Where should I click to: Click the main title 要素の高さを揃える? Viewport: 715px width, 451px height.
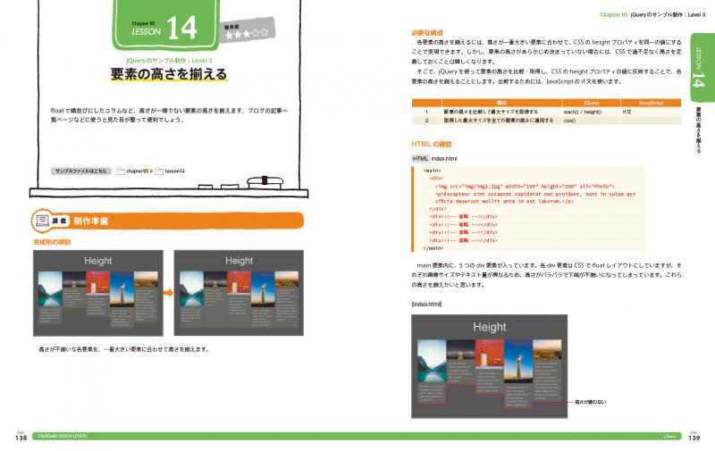click(170, 74)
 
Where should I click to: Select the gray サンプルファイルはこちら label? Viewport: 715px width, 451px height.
click(84, 168)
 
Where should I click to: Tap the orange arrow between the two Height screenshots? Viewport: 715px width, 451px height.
click(165, 292)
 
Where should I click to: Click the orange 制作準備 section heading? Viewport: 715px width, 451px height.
click(92, 220)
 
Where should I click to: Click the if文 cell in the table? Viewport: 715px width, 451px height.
click(628, 112)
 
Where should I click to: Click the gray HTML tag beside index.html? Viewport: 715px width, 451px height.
click(420, 158)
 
